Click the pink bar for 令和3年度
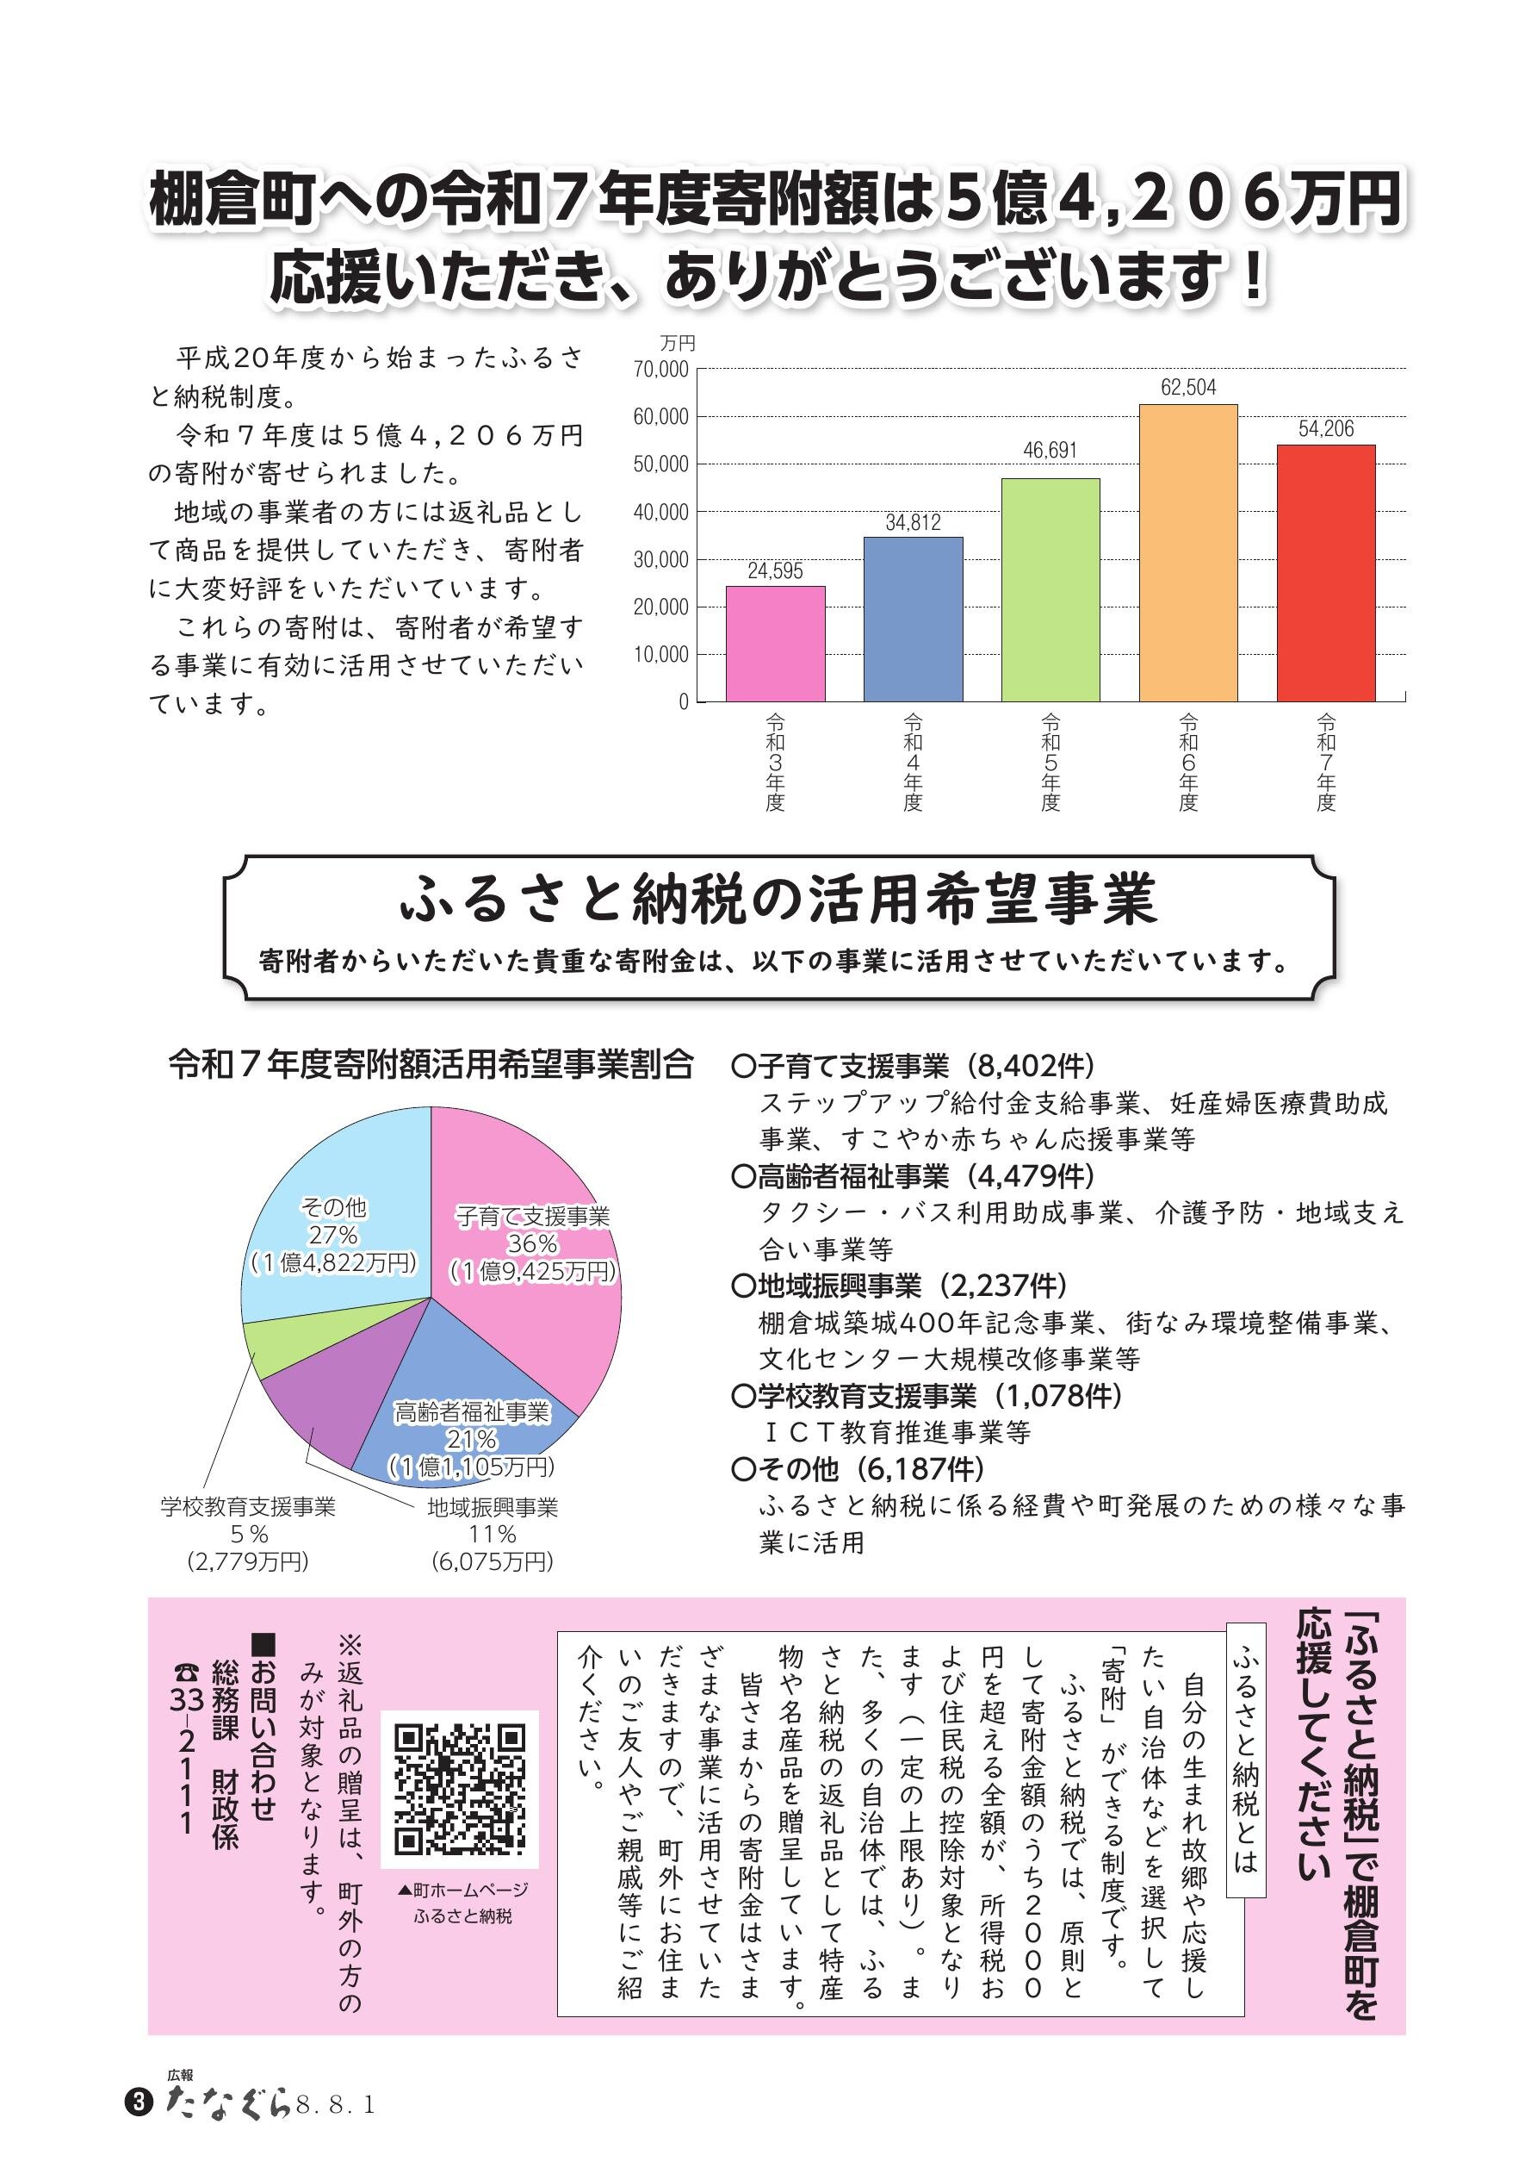(775, 644)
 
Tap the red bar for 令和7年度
(1326, 573)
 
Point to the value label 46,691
(1050, 451)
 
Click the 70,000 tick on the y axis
(660, 370)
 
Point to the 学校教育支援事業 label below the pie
(248, 1506)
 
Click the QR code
(460, 1789)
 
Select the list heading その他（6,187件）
(858, 1468)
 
